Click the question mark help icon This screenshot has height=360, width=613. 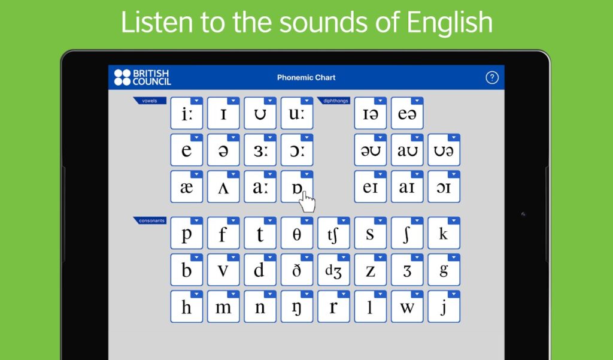point(491,77)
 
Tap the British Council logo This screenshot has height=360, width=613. point(142,77)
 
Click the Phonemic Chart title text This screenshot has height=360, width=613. point(306,78)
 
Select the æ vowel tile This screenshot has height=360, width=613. point(186,187)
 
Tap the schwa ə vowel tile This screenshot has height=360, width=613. point(223,150)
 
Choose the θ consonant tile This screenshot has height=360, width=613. point(296,234)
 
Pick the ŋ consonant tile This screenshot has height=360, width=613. point(296,308)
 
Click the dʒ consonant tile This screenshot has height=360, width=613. point(333,271)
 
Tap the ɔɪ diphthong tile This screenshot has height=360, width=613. point(444,187)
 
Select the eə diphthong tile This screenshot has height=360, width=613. point(406,114)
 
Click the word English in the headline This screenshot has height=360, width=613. point(449,22)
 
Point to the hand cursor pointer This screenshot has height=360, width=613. point(307,201)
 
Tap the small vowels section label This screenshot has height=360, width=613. point(149,101)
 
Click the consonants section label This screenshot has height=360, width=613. point(151,220)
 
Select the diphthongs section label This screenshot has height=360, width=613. point(336,101)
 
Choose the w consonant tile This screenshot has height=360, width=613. point(406,308)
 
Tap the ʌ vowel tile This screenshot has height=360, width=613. point(223,187)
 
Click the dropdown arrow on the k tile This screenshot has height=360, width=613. point(454,220)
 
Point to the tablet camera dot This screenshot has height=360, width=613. point(523,214)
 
